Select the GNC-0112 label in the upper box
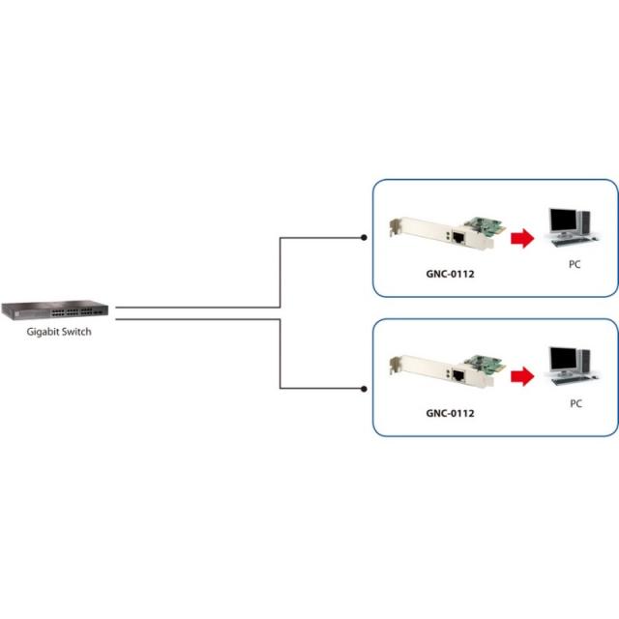tap(450, 274)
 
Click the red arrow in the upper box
tap(522, 238)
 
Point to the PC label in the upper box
tap(575, 263)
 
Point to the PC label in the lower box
tap(575, 402)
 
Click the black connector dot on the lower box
tap(364, 389)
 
